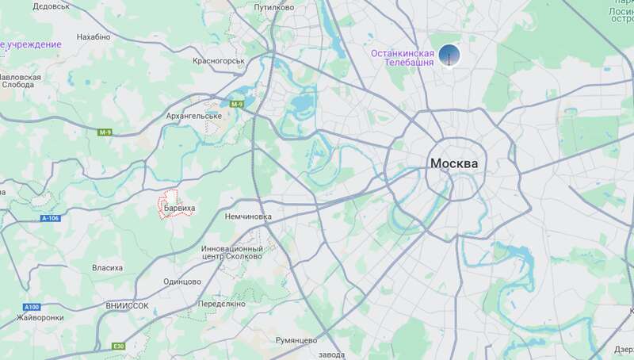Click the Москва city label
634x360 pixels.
[454, 163]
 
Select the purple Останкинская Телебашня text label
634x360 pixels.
[403, 58]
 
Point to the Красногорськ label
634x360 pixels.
[219, 59]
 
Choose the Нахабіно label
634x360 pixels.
[93, 36]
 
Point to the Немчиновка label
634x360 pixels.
[248, 216]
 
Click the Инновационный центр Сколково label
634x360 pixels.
[232, 253]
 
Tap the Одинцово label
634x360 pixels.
[182, 281]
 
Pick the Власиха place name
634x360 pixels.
[107, 268]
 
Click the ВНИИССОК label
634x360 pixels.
[127, 305]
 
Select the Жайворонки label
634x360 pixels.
[40, 317]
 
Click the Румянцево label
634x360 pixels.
[296, 339]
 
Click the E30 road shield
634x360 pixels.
[118, 346]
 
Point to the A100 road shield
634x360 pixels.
[32, 307]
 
